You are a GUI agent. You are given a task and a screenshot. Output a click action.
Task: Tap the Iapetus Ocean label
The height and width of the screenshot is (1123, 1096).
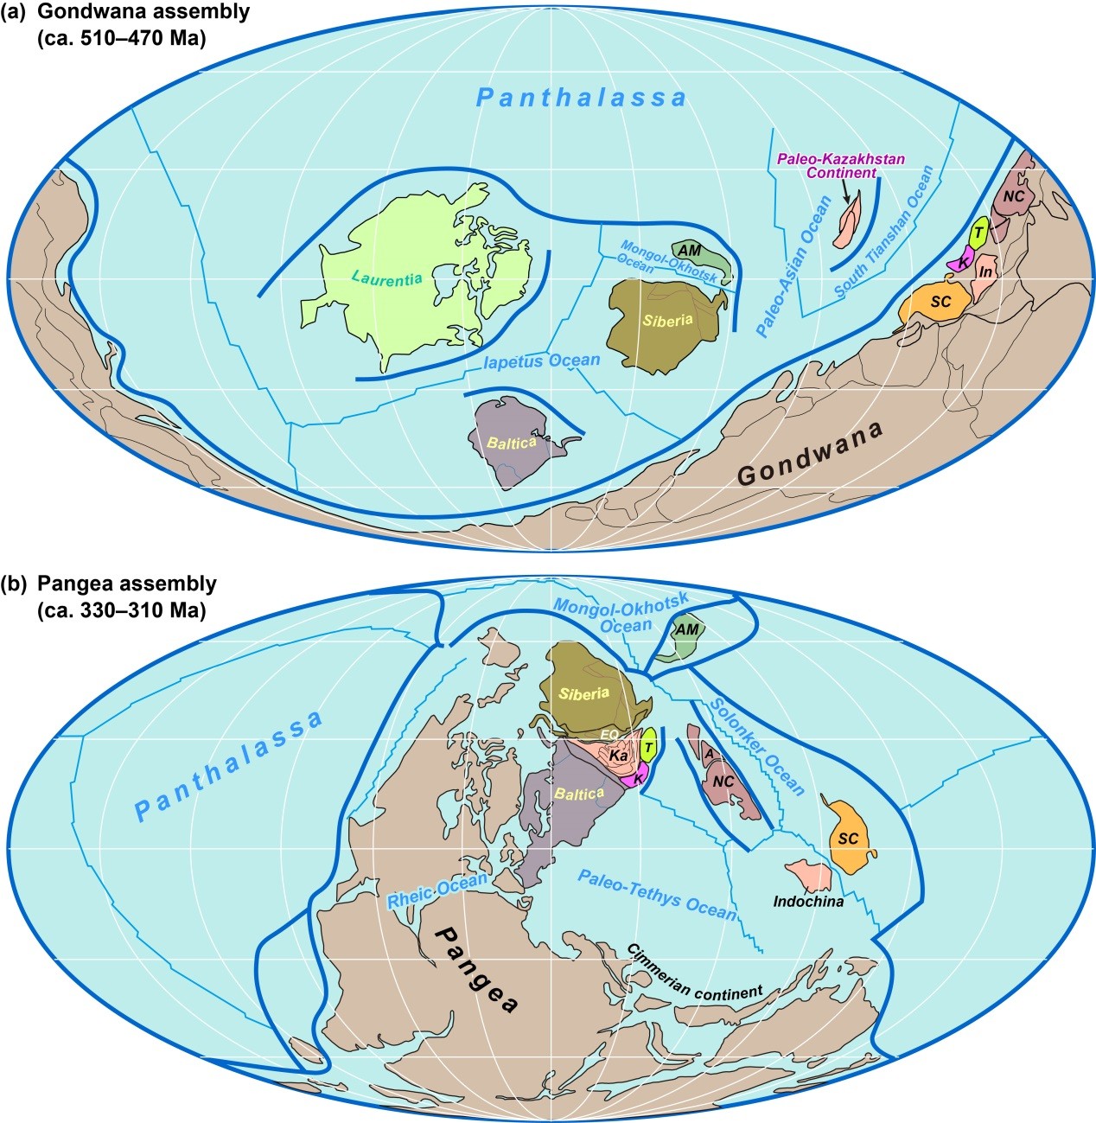542,361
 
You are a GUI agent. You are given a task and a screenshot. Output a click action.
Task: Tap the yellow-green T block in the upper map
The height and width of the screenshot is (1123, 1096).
978,232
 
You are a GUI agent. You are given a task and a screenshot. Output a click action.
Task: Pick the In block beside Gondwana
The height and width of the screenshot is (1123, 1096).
984,272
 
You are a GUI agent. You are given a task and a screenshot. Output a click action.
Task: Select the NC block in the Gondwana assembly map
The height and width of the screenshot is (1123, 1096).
1015,196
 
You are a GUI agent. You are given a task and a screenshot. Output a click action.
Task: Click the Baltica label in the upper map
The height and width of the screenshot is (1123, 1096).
512,442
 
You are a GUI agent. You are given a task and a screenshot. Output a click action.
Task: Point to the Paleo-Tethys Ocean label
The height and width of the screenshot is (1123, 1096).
657,896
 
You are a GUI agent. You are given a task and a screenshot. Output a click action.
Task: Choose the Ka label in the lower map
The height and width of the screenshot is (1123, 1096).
618,756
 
